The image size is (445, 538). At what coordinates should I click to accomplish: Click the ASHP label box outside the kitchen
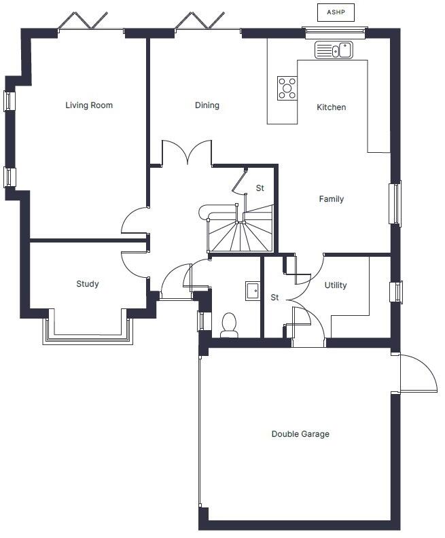pos(336,12)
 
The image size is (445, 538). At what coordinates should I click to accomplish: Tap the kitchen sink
pos(334,50)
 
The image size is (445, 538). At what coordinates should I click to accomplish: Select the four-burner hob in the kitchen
pos(287,88)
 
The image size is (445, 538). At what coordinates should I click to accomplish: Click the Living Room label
pos(89,105)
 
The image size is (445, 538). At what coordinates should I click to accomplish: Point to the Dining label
pos(207,105)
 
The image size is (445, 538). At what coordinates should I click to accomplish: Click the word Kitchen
pos(331,107)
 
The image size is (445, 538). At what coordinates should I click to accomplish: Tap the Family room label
pos(331,198)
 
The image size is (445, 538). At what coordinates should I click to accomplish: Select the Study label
pos(88,284)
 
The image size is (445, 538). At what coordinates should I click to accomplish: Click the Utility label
pos(336,285)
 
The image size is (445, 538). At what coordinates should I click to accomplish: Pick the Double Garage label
pos(300,434)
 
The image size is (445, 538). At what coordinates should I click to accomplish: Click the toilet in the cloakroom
pos(229,325)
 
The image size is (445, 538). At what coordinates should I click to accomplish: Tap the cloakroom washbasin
pos(253,291)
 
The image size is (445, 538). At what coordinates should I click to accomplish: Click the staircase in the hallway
pos(241,228)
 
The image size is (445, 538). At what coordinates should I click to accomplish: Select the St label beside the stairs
pos(260,188)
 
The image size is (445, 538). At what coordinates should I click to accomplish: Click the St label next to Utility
pos(274,298)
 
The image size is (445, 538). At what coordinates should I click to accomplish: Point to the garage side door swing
pos(419,374)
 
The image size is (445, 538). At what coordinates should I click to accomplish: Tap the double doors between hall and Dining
pos(187,152)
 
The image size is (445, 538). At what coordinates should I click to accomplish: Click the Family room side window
pos(395,204)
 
